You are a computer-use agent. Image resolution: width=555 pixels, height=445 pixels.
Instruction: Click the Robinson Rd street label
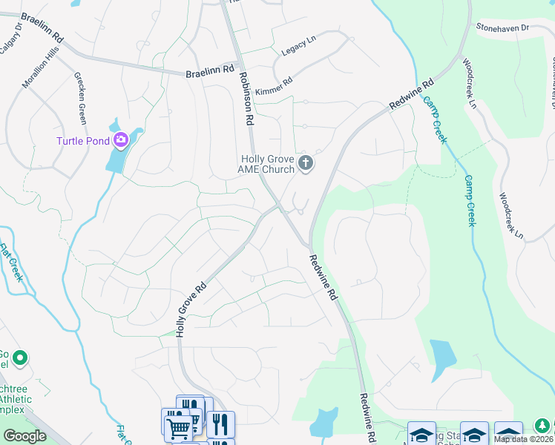click(246, 97)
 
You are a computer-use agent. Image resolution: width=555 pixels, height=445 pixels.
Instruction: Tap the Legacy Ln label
click(299, 47)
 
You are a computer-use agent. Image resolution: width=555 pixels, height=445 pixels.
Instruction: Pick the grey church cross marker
click(305, 162)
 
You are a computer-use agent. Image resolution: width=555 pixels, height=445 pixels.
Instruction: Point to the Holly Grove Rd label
click(190, 306)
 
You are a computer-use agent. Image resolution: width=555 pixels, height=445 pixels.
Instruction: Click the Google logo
click(24, 436)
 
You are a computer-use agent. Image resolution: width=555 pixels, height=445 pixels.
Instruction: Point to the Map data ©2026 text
click(523, 438)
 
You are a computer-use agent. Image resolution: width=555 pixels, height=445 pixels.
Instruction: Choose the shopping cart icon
click(178, 428)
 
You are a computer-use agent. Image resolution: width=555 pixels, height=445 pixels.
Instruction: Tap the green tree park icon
click(544, 428)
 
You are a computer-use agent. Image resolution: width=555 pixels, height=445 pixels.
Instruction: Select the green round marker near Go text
click(20, 359)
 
